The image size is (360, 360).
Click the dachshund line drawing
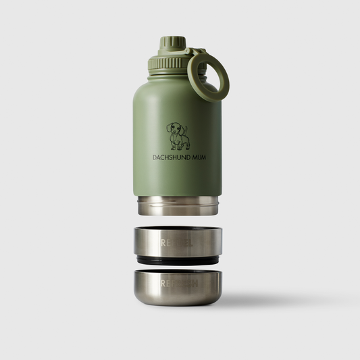[178, 136]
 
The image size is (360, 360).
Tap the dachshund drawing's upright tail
[188, 128]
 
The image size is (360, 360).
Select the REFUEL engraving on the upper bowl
[177, 240]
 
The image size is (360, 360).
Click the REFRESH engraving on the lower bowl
[177, 282]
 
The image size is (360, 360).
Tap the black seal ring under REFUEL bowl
[177, 260]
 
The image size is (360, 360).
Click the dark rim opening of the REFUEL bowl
[178, 229]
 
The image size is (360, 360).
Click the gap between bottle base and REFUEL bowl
[178, 220]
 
